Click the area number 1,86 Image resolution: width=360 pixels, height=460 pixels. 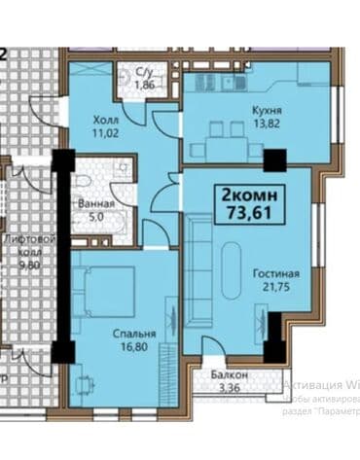pyautogui.click(x=145, y=86)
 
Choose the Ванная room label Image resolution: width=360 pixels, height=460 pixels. pyautogui.click(x=95, y=204)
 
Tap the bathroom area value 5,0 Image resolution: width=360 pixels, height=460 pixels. pyautogui.click(x=95, y=217)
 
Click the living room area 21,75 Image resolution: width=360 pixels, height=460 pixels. pyautogui.click(x=275, y=288)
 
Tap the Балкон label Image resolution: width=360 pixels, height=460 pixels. pyautogui.click(x=231, y=375)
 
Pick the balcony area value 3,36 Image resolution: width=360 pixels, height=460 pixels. pyautogui.click(x=231, y=388)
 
